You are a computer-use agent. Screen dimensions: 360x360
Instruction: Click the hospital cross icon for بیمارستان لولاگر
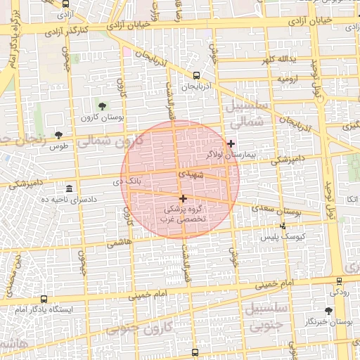coord(231,143)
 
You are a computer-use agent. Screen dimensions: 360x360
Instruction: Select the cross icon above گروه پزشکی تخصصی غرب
coord(184,199)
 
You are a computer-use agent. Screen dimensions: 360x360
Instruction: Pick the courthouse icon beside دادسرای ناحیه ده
coord(69,190)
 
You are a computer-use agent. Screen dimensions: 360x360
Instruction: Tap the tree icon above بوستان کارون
coord(103,106)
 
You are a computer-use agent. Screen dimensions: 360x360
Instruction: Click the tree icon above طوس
coord(58,135)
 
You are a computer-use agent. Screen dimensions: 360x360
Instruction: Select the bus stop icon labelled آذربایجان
coord(196,76)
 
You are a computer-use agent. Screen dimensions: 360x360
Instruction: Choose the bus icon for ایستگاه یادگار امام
coord(44,300)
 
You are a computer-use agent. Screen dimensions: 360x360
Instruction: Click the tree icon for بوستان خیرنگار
coord(328,310)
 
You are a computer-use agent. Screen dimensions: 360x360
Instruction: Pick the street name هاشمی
coord(119,243)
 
